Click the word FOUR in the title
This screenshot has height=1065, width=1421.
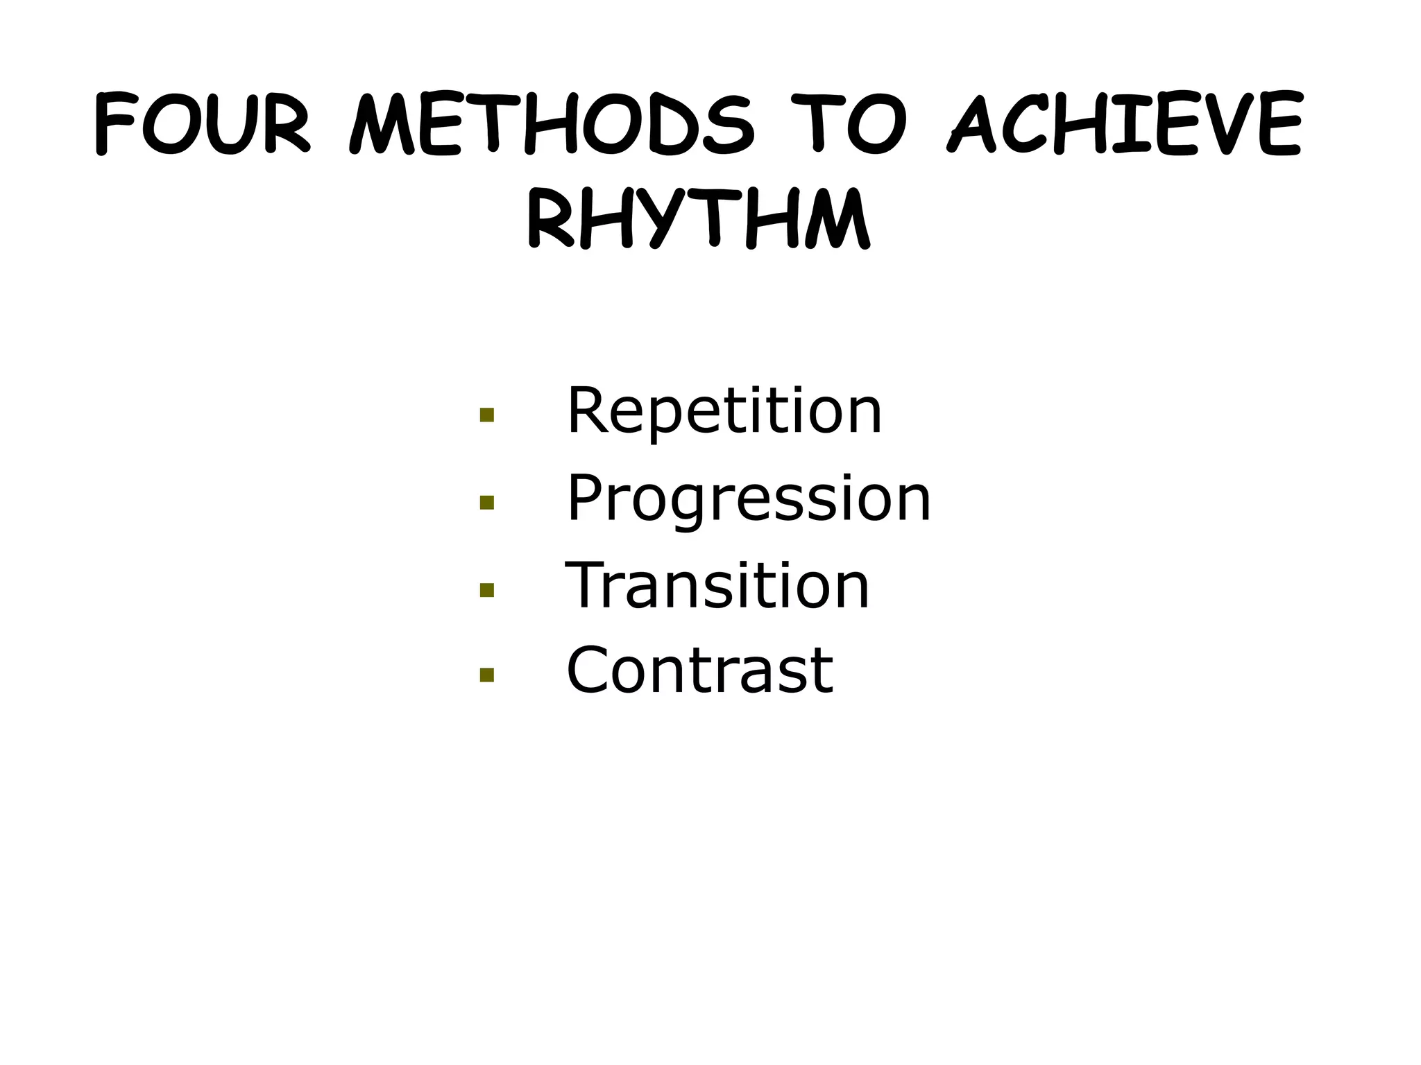point(202,125)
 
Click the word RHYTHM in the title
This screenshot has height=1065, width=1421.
point(698,218)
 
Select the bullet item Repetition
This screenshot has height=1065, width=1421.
point(724,411)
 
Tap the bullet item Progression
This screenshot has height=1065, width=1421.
point(749,499)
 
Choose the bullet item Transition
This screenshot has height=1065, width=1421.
point(717,586)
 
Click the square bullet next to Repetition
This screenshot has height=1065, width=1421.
point(486,415)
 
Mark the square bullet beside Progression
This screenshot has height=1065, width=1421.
point(486,502)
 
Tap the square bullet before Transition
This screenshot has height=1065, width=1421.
point(486,589)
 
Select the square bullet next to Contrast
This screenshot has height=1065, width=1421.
point(486,675)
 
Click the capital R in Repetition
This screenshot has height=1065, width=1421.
point(588,411)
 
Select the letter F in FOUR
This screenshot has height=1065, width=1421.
point(114,125)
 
